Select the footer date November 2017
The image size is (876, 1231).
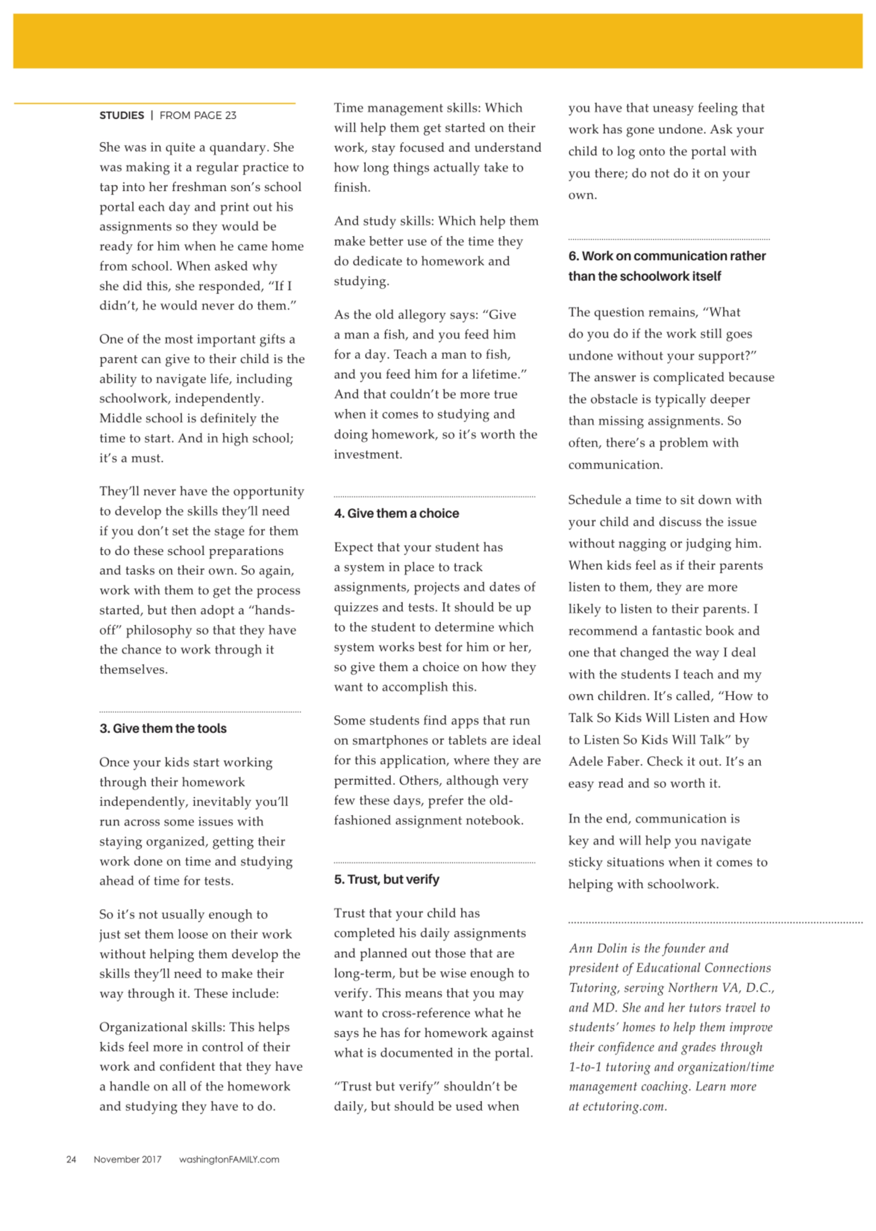tap(127, 1159)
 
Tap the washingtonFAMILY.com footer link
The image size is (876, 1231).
tap(229, 1159)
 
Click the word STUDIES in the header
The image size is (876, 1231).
tap(122, 116)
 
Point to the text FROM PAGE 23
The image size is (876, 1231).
tap(198, 116)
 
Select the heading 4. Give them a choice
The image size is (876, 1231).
tap(396, 513)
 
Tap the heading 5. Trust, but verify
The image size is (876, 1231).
tap(386, 879)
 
